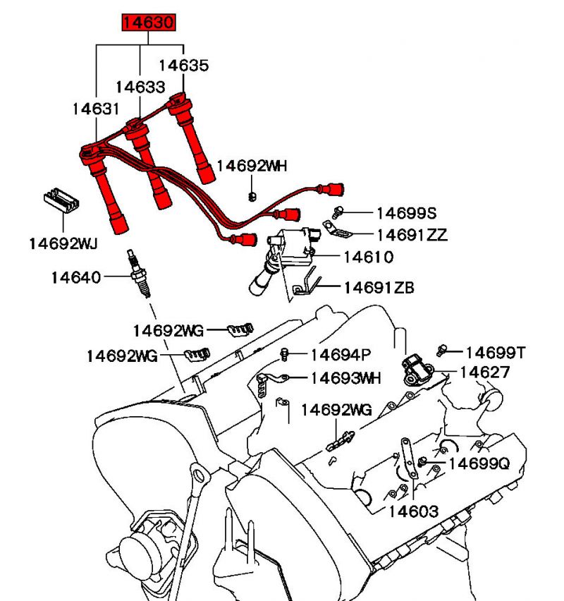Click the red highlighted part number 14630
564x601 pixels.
(147, 23)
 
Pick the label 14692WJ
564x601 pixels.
(63, 243)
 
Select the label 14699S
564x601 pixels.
(407, 212)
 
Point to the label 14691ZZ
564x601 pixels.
(412, 235)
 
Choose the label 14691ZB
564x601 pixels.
(379, 288)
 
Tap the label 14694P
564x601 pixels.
(341, 354)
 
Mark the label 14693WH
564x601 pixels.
(345, 378)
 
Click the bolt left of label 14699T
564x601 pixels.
(442, 350)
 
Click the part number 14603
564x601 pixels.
(413, 511)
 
